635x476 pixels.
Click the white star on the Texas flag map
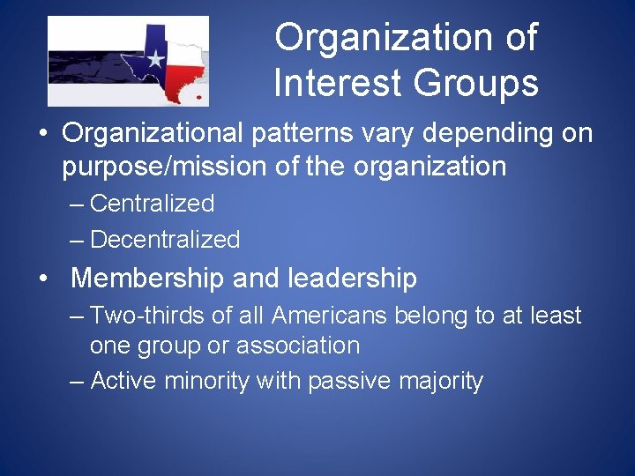[x=155, y=60]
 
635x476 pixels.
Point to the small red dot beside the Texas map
[x=200, y=96]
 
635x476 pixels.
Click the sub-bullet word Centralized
[x=152, y=204]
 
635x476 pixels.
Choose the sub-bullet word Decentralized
[x=165, y=239]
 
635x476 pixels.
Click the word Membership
[x=147, y=279]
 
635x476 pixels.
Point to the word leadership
[x=352, y=279]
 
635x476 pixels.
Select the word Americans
[x=333, y=316]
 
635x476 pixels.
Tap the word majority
[x=440, y=381]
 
